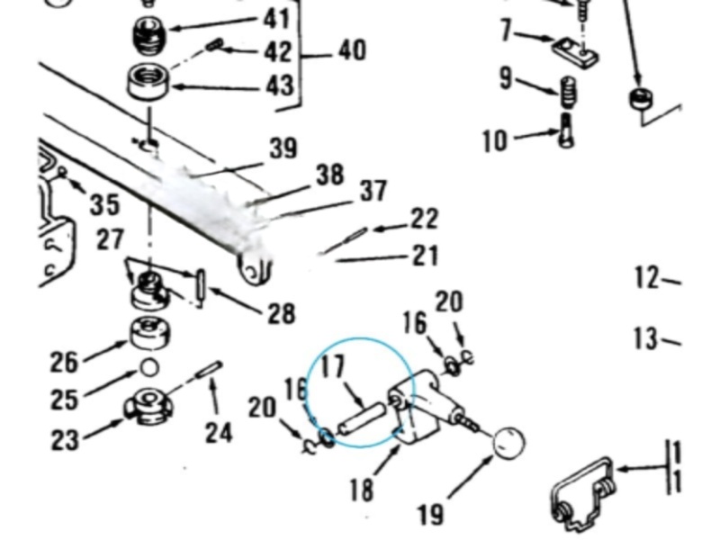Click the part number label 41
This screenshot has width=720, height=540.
277,19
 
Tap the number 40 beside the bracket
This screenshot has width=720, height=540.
353,49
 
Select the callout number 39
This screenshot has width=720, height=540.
283,148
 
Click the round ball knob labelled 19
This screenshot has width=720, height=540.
508,443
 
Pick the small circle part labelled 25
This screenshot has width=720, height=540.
149,367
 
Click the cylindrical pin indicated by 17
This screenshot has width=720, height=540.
361,418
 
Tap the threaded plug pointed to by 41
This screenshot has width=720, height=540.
149,35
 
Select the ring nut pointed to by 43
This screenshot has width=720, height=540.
148,81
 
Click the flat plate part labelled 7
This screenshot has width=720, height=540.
575,52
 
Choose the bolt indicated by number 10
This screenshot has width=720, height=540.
567,130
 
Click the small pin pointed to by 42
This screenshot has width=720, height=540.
214,45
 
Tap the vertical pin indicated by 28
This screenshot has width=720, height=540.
201,289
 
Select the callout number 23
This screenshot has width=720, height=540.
65,440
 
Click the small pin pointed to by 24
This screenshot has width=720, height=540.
209,370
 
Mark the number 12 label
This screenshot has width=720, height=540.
647,277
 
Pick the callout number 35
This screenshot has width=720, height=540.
104,203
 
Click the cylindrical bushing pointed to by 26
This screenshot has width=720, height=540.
149,333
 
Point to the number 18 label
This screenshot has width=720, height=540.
362,489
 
